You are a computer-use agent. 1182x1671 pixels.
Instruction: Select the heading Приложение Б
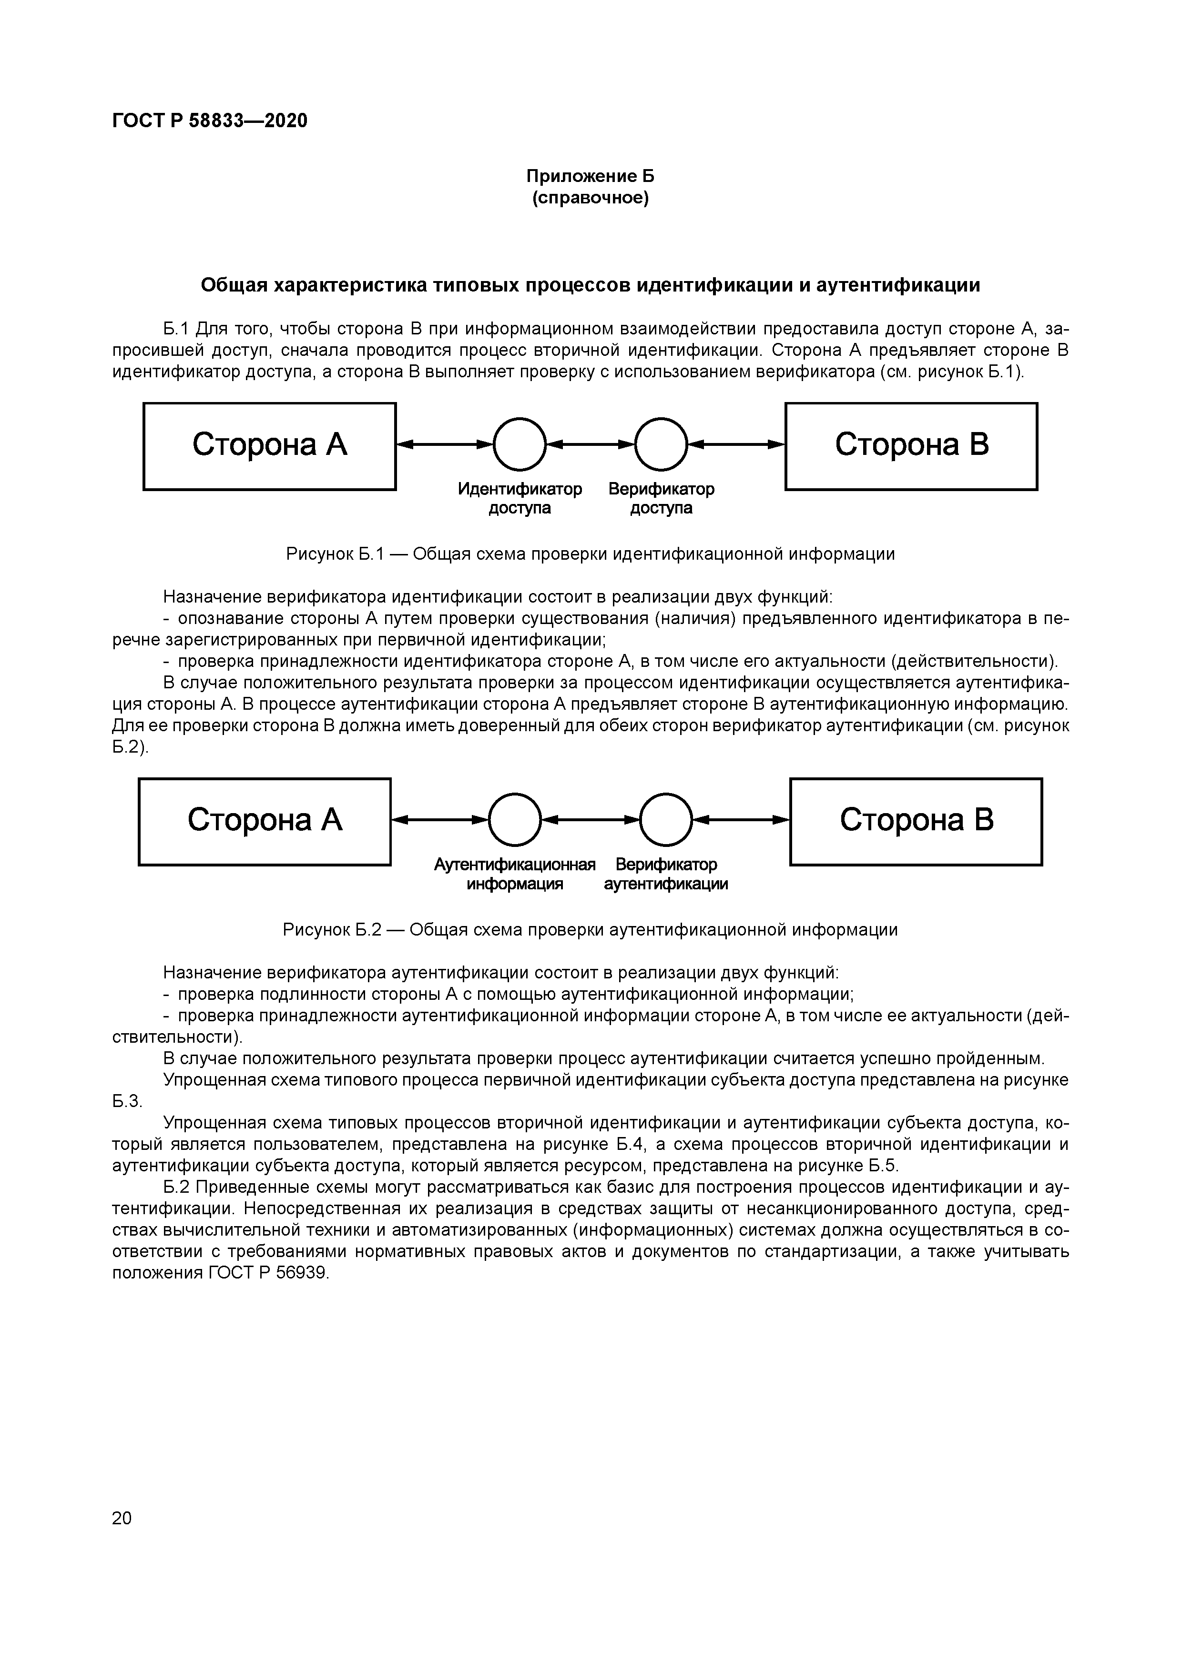590,176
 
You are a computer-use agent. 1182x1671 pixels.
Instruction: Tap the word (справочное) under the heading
590,198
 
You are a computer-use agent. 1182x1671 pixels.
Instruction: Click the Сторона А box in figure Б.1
269,446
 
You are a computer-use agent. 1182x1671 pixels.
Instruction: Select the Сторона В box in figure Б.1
911,446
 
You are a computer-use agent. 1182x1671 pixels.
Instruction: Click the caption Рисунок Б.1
590,554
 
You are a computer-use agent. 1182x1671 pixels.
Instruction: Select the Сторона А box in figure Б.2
265,822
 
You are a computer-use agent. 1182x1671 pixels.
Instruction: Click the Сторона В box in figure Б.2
916,822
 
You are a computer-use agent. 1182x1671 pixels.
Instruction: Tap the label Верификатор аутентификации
666,874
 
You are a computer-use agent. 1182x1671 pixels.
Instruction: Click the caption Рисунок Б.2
590,929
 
